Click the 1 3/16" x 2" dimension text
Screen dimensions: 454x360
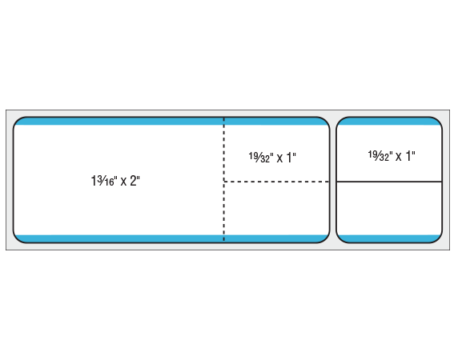(x=115, y=181)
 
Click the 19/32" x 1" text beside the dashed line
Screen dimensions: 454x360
(x=272, y=158)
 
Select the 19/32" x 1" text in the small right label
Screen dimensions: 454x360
(x=392, y=156)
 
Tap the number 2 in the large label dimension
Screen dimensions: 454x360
(x=133, y=181)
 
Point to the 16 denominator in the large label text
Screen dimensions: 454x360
(x=110, y=182)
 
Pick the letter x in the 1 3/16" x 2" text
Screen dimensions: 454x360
(x=123, y=182)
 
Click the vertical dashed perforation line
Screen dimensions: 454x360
(x=224, y=179)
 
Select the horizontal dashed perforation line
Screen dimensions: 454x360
(x=276, y=182)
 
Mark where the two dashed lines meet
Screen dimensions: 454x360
(x=224, y=182)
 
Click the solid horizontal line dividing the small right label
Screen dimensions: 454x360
(x=389, y=182)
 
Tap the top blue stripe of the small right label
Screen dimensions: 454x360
(x=389, y=122)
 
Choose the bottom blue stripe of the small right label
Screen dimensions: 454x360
(x=389, y=238)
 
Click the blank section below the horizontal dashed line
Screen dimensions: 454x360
(x=276, y=208)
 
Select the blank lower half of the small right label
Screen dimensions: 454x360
(x=389, y=208)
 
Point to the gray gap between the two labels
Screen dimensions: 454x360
(x=332, y=180)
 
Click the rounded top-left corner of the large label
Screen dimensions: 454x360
(x=17, y=121)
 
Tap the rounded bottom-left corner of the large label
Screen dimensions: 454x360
(x=17, y=239)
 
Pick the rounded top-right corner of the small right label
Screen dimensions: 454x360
(x=438, y=121)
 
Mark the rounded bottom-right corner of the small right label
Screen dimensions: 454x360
(x=438, y=239)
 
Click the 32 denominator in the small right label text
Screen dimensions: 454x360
(x=384, y=157)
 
